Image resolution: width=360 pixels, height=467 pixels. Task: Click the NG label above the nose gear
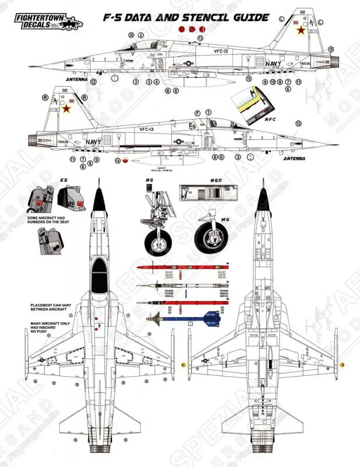tap(150, 182)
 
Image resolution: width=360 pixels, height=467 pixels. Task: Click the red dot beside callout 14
tap(125, 162)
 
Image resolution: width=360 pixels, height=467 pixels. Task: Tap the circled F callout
tap(197, 112)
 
